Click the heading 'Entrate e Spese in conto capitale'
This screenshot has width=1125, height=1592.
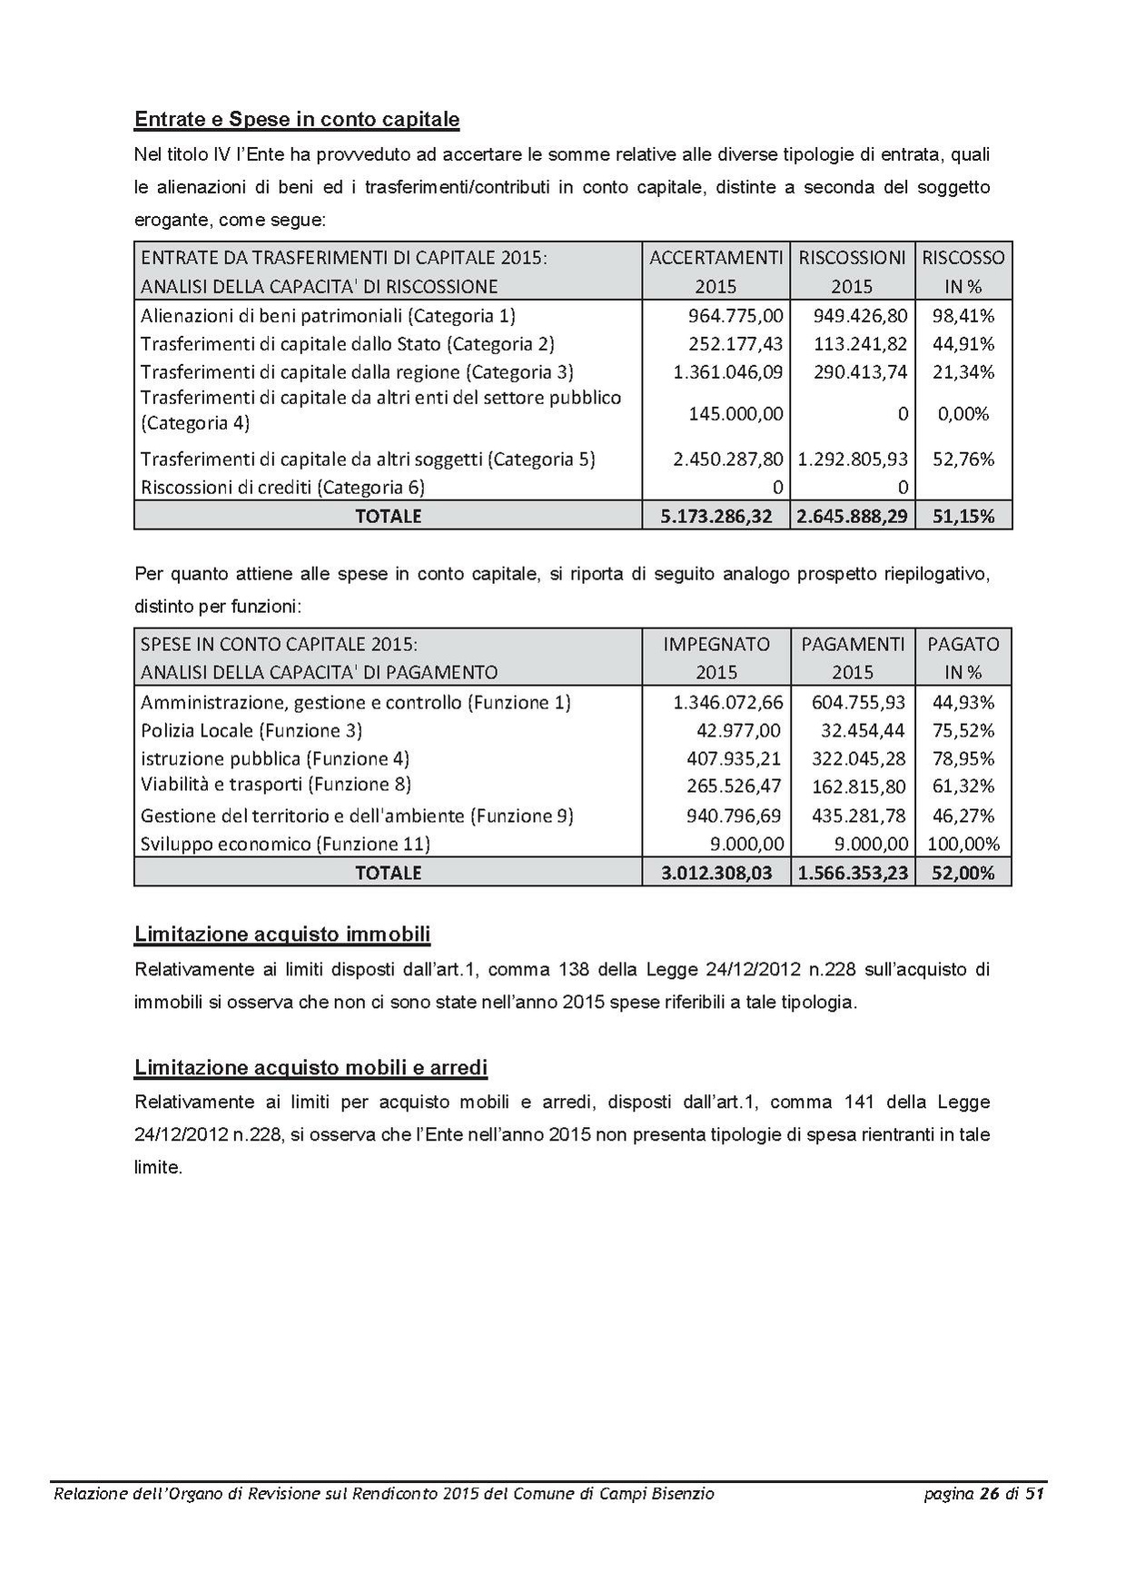tap(296, 120)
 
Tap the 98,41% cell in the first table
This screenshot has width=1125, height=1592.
tap(963, 316)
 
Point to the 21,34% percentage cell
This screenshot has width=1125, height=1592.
tap(963, 371)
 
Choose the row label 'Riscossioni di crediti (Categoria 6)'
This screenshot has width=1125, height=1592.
tap(282, 487)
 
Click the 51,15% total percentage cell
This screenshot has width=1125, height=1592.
tap(963, 516)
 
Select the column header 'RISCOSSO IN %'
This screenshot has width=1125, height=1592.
tap(963, 272)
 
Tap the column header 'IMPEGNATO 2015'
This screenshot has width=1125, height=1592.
tap(716, 658)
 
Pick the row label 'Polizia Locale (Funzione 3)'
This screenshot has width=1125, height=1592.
tap(252, 730)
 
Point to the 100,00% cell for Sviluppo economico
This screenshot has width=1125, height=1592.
tap(963, 844)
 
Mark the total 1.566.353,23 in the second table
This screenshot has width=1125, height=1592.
tap(853, 873)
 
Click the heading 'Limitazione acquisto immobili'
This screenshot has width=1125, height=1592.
tap(282, 934)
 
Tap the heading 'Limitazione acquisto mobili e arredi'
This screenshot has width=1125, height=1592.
tap(311, 1067)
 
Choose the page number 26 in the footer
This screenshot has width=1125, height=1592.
tap(989, 1493)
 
